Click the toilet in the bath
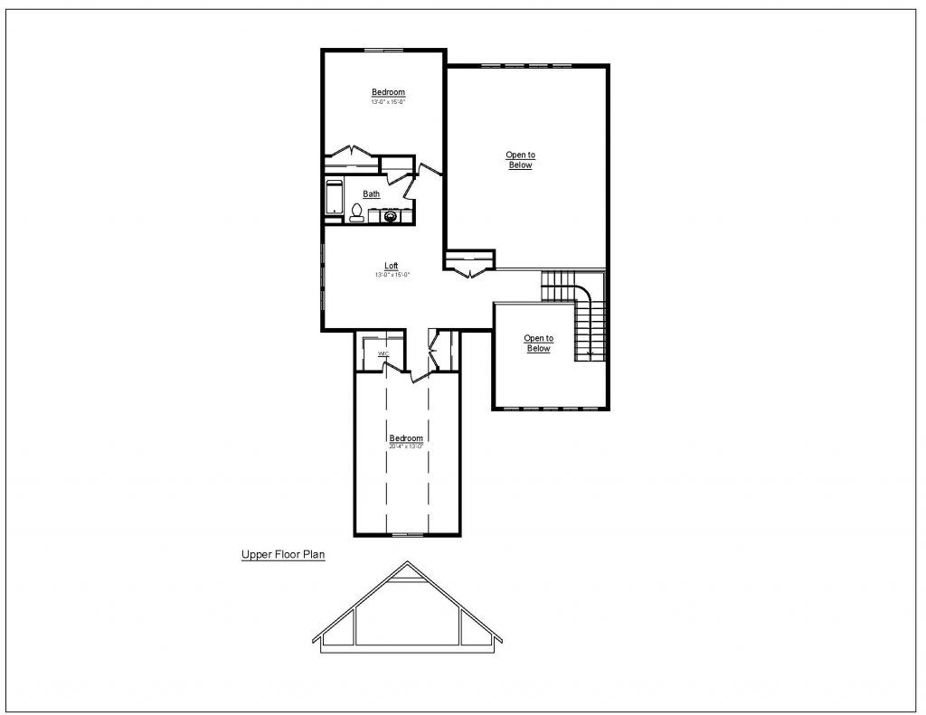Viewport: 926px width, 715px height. coord(357,213)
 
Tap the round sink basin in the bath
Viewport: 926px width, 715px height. coord(391,216)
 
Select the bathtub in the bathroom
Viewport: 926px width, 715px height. coord(334,199)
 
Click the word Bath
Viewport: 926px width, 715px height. coord(372,193)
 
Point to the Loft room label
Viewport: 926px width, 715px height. coord(392,266)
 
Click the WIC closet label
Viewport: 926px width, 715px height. coord(383,353)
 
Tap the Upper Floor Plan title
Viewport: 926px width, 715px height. coord(283,556)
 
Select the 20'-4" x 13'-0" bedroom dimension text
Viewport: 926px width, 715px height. coord(406,447)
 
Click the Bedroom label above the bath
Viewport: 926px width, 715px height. coord(388,92)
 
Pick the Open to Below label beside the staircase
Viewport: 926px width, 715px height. coord(538,343)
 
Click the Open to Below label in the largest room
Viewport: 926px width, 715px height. coord(520,160)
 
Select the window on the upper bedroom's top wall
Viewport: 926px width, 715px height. coord(383,51)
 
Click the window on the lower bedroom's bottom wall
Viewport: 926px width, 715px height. coord(407,535)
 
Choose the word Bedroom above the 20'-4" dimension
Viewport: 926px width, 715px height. coord(406,438)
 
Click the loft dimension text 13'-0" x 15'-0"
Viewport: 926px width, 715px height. coord(392,274)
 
